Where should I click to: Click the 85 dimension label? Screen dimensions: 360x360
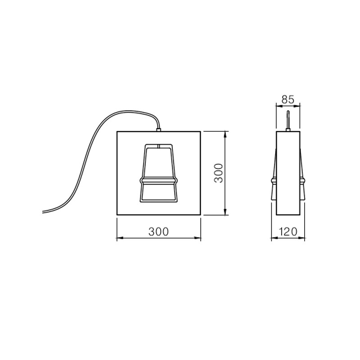288,100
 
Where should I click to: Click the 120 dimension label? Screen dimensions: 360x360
288,232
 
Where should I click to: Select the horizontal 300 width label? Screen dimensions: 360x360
159,232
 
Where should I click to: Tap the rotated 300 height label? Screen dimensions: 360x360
218,173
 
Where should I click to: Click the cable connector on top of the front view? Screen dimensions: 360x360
159,130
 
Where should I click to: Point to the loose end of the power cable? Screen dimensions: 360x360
43,212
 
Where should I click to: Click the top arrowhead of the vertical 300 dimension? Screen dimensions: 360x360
225,134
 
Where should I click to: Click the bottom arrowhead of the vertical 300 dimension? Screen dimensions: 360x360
225,212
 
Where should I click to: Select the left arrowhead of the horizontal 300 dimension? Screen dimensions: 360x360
120,238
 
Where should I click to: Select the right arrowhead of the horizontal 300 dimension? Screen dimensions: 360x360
198,238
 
